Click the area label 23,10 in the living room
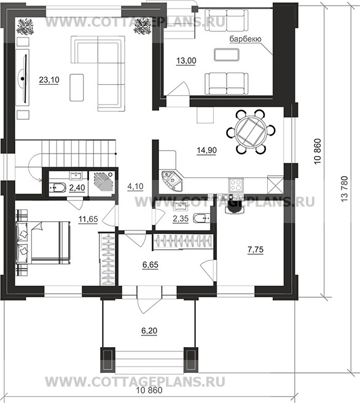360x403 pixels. point(49,80)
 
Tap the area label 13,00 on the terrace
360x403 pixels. point(186,61)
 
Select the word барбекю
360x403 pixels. point(245,39)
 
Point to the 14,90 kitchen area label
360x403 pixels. point(206,150)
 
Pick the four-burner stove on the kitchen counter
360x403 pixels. point(236,185)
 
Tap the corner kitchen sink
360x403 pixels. point(171,179)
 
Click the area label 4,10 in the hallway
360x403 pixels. point(135,186)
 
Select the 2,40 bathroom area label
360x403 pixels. point(77,188)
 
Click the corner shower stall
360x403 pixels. point(104,181)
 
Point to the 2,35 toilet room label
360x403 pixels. point(181,219)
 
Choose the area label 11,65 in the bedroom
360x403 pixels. point(88,219)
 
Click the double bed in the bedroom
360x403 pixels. point(43,243)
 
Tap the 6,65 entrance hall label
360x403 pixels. point(151,264)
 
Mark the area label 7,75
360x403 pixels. point(256,249)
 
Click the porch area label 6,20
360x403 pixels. point(149,331)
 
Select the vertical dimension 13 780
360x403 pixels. point(344,189)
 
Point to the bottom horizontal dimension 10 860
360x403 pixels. point(149,391)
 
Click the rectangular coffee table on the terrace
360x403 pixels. point(227,55)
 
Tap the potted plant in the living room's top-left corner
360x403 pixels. point(25,26)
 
